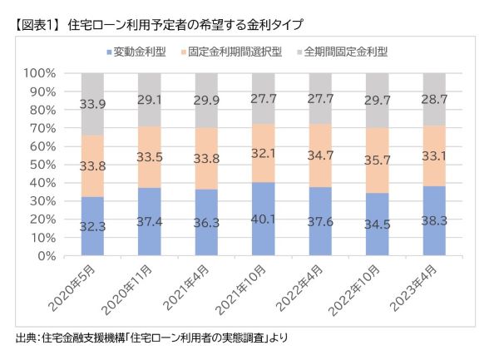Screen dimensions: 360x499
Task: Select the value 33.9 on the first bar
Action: (x=92, y=104)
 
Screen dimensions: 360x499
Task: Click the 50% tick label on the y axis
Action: (x=42, y=165)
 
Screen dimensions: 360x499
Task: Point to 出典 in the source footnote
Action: (x=26, y=338)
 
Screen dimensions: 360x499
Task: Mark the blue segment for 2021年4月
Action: (x=207, y=222)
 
